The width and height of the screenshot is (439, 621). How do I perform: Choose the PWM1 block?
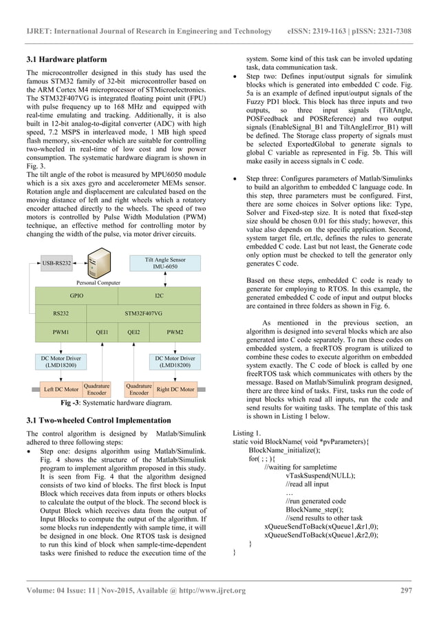click(x=61, y=332)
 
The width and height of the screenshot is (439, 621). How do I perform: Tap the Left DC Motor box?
click(x=61, y=390)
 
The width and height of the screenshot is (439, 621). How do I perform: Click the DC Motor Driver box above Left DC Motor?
click(x=61, y=361)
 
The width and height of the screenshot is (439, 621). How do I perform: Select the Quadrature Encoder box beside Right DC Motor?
click(x=139, y=390)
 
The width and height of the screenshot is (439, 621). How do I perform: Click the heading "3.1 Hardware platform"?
click(x=66, y=59)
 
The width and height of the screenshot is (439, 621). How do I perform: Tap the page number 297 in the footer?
click(x=405, y=590)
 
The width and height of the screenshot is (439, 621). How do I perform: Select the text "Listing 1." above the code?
click(x=248, y=432)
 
